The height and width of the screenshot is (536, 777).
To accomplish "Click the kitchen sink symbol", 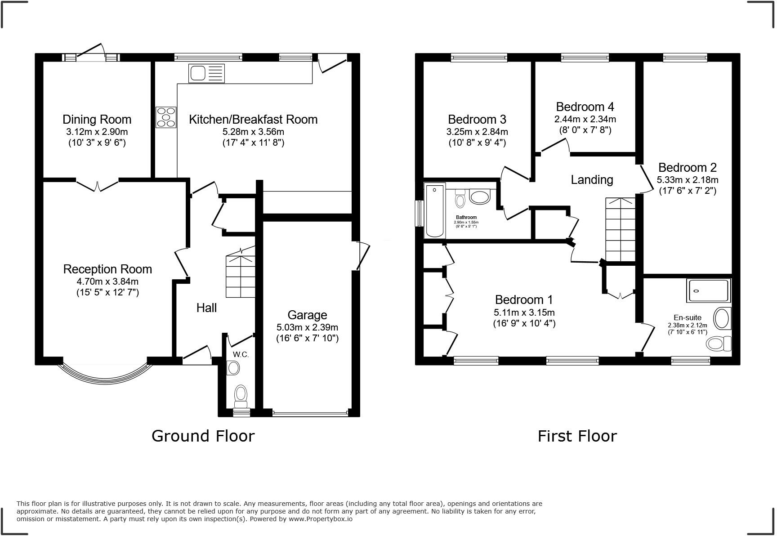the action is (207, 73).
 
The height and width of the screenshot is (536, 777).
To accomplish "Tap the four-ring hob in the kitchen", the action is (166, 117).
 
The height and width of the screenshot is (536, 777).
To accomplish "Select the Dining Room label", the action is (97, 120).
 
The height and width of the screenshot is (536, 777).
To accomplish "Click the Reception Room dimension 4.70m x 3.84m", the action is (107, 282).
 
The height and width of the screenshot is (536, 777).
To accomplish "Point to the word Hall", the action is (206, 308).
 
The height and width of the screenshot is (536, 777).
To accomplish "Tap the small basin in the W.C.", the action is (233, 368).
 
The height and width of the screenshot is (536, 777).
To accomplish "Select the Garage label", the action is (307, 315).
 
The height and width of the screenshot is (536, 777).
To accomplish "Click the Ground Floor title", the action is (203, 436).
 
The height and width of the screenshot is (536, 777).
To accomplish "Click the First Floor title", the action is (577, 436).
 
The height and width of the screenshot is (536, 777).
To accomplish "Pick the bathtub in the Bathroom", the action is (435, 210).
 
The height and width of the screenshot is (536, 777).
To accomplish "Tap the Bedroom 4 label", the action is (585, 107).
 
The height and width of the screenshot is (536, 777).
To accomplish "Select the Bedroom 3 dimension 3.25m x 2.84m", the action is (477, 132).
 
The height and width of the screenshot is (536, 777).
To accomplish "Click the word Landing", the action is (592, 180).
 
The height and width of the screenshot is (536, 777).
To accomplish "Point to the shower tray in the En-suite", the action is (709, 291).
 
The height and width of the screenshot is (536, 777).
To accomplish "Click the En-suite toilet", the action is (719, 344).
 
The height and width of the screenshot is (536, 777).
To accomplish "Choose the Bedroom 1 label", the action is (524, 300).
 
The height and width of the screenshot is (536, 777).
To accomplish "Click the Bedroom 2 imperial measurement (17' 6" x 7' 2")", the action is (688, 191).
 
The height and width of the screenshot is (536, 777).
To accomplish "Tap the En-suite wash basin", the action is (723, 318).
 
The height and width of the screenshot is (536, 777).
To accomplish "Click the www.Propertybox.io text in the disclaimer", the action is (320, 519).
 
